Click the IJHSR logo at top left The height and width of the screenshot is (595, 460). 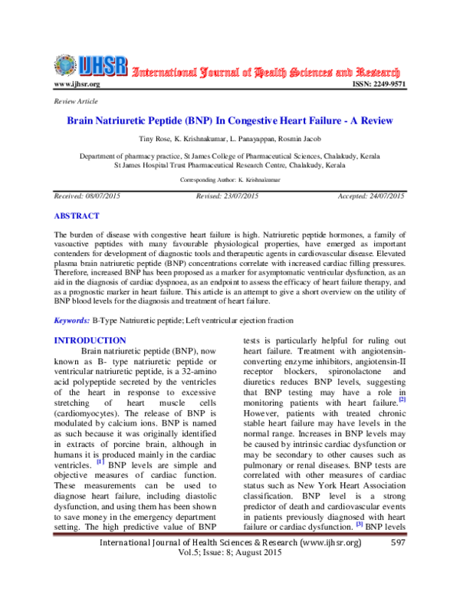coord(88,66)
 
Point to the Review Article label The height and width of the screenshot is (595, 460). coord(70,102)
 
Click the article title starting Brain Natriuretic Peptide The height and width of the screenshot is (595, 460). coord(229,121)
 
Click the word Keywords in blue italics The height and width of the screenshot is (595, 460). coord(70,319)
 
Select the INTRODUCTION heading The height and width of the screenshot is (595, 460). coord(90,340)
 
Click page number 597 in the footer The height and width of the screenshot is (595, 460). coord(397,565)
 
